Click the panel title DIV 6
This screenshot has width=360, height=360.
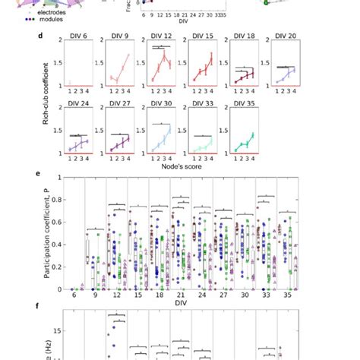79,36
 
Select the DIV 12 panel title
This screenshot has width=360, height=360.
160,36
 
